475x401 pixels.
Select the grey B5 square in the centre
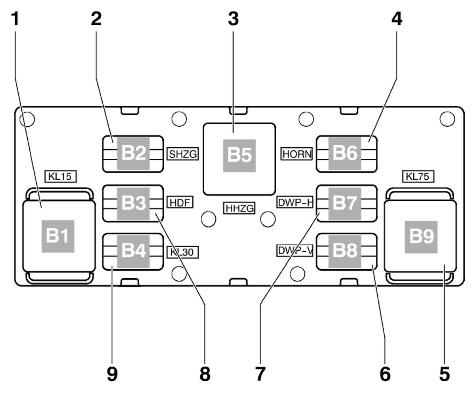click(x=239, y=156)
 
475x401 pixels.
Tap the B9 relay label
click(x=421, y=237)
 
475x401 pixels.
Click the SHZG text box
click(x=182, y=154)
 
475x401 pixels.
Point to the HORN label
click(x=297, y=154)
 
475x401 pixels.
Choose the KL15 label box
click(x=60, y=177)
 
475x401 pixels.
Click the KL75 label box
click(x=417, y=177)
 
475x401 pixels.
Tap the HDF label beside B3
click(x=180, y=203)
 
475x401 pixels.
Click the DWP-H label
click(x=295, y=203)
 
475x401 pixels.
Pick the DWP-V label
click(x=295, y=251)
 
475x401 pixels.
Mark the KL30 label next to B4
click(x=182, y=252)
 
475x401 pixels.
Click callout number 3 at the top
click(x=233, y=19)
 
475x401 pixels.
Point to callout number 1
click(x=15, y=19)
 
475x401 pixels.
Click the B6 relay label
click(x=345, y=154)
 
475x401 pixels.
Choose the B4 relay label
click(x=133, y=251)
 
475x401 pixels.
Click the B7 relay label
click(x=345, y=203)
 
